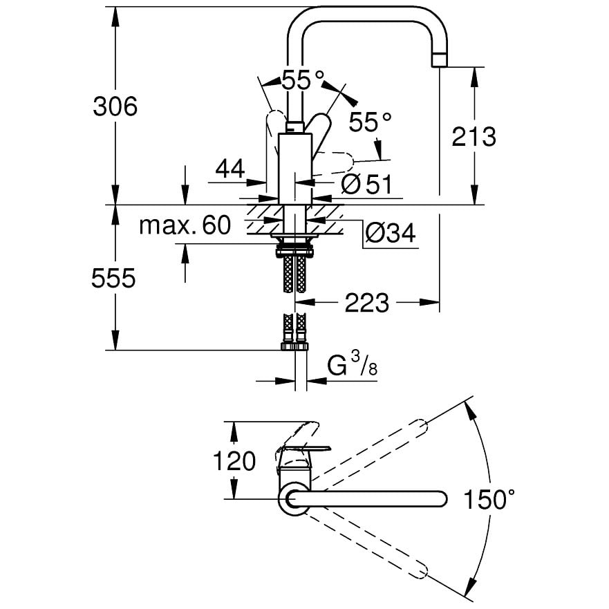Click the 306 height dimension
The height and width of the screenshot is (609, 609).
point(115,106)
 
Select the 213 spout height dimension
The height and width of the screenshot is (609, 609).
point(474,136)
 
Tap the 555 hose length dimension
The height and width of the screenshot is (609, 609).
point(113,278)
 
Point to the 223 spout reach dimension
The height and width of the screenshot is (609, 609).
point(366,303)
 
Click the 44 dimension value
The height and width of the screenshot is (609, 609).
point(230,169)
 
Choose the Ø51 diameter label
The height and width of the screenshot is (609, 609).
point(367,184)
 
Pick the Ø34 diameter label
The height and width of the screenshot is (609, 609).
point(391,233)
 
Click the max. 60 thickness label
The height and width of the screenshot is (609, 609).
point(185,225)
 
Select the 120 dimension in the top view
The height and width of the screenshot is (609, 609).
point(234,461)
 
